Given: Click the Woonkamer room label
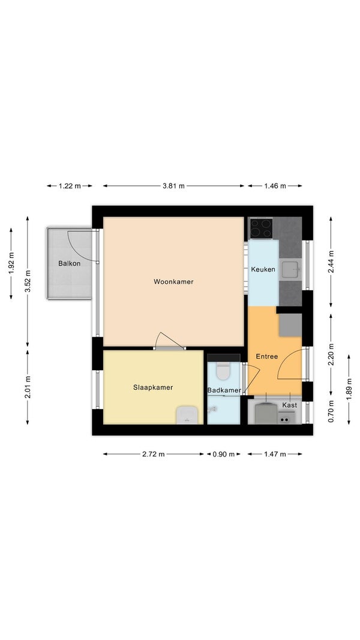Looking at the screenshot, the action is pos(173,282).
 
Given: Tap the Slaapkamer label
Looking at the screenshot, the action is pos(153,387).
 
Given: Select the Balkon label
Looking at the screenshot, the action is pos(70,263).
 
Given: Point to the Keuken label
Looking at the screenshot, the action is pos(263,269).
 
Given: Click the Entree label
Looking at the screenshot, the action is pos(267,356).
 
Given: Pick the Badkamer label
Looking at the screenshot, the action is pos(224,390).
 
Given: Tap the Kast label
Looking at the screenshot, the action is pos(290,405).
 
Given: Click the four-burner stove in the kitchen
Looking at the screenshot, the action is pos(261,228).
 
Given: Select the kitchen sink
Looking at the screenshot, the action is pos(290,269).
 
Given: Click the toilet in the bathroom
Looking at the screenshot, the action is pos(223,370).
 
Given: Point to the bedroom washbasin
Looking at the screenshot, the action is pos(187,416).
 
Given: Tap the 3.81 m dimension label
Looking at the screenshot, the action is pos(173,186).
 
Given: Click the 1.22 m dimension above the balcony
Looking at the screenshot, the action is pos(70,186).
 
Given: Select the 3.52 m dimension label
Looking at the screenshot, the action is pos(28,282).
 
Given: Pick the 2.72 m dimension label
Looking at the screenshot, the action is pos(154,454).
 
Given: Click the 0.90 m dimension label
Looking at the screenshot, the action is pos(224,454).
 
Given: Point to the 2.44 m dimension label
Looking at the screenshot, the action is pos(331,262).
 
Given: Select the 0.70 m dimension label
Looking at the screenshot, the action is pos(331,411).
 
